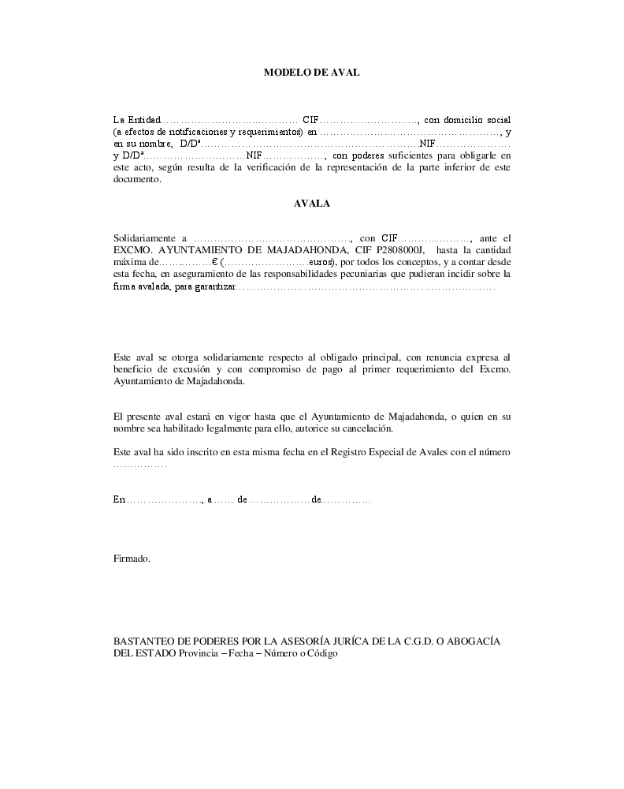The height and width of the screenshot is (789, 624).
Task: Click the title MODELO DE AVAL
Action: (311, 73)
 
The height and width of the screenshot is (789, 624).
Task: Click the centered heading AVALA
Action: (311, 203)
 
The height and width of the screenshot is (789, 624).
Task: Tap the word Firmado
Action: (132, 559)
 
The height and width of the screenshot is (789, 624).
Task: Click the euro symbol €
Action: (215, 262)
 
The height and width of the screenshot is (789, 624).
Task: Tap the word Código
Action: (321, 654)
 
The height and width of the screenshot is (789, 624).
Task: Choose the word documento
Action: (136, 179)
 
